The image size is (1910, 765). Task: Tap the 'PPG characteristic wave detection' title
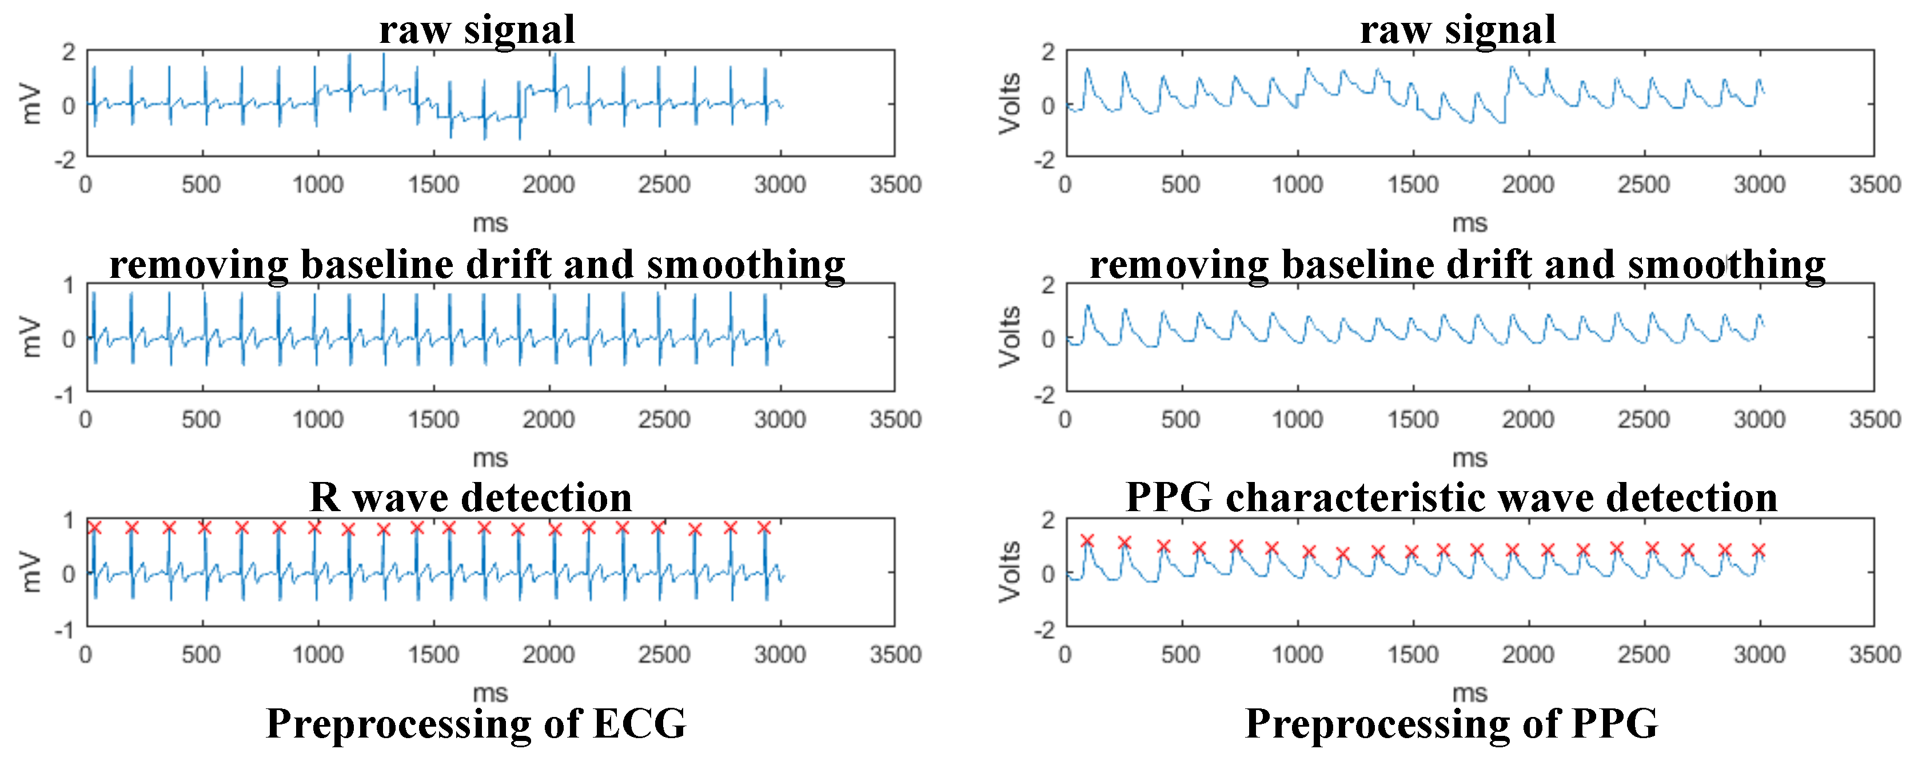(1451, 497)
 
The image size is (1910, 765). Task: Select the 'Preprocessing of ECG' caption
(476, 723)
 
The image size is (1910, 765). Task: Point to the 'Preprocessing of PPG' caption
(1451, 723)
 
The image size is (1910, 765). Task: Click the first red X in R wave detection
(94, 528)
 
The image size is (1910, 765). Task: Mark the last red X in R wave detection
(764, 528)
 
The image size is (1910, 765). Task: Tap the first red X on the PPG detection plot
(1087, 540)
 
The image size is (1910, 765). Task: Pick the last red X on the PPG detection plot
(1759, 550)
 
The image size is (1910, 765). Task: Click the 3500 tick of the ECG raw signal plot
(895, 185)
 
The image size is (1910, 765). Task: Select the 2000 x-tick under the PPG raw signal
(1528, 185)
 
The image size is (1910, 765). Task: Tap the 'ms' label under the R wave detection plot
(490, 693)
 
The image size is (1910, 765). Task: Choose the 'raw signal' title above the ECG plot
(477, 30)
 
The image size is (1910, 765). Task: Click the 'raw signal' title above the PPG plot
(1457, 30)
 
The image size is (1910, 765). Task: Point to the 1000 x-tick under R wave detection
(317, 655)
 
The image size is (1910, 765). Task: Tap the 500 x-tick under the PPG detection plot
(1181, 655)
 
